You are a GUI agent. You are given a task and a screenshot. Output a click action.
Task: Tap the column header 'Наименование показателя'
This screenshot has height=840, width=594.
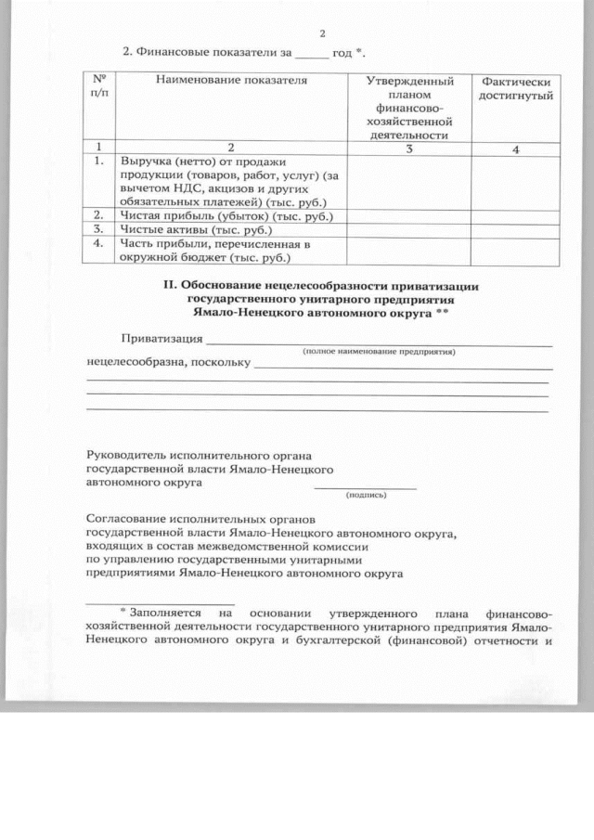click(x=231, y=81)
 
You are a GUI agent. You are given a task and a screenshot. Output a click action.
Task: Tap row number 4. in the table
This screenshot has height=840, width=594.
click(x=98, y=243)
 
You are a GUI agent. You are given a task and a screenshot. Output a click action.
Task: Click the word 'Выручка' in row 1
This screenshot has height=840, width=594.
click(x=146, y=162)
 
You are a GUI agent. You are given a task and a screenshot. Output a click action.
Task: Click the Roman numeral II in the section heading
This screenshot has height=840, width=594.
click(x=170, y=287)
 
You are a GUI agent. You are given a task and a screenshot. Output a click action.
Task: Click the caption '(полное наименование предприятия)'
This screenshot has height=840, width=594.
click(x=381, y=353)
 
